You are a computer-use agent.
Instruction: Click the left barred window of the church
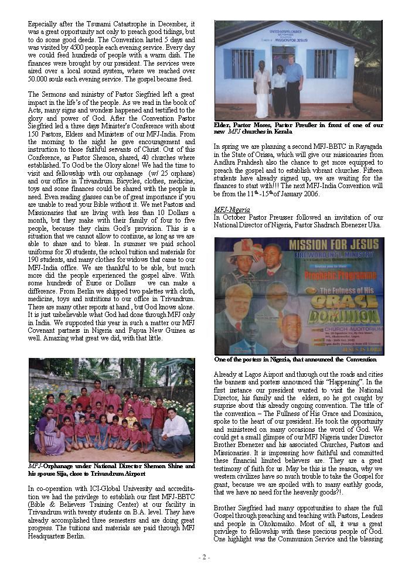[x=242, y=63]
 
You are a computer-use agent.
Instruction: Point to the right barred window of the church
[x=325, y=63]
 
